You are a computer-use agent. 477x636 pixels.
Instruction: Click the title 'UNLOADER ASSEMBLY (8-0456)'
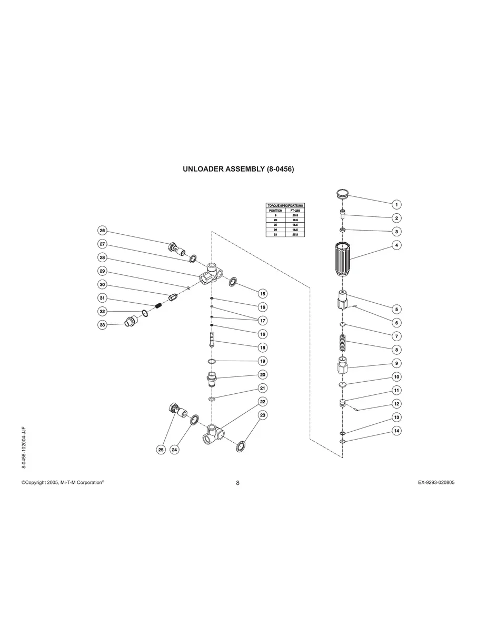pyautogui.click(x=238, y=170)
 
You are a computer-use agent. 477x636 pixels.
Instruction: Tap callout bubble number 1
pyautogui.click(x=397, y=204)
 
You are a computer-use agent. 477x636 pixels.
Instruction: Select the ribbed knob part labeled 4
pyautogui.click(x=343, y=259)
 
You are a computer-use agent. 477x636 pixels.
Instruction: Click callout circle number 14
pyautogui.click(x=397, y=431)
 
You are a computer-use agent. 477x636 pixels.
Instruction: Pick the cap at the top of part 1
pyautogui.click(x=343, y=193)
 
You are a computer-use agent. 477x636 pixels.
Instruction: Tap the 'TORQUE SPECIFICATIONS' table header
pyautogui.click(x=285, y=205)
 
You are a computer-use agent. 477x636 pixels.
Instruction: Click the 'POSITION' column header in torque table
pyautogui.click(x=275, y=211)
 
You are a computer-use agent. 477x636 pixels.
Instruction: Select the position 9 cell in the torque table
pyautogui.click(x=275, y=215)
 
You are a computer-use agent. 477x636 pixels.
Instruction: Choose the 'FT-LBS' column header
pyautogui.click(x=295, y=211)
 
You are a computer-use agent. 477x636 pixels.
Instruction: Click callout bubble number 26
pyautogui.click(x=103, y=231)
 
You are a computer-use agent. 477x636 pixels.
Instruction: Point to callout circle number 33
pyautogui.click(x=103, y=325)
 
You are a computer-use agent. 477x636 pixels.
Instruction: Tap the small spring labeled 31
pyautogui.click(x=157, y=306)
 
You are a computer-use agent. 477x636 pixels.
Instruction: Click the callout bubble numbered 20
pyautogui.click(x=262, y=374)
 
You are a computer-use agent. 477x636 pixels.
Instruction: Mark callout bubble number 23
pyautogui.click(x=262, y=415)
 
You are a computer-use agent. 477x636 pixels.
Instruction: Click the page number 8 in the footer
pyautogui.click(x=237, y=483)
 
